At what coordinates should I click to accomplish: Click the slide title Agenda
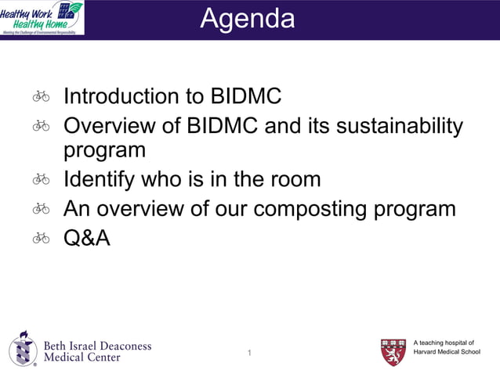tap(248, 19)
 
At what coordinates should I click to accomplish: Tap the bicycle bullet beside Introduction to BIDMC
tap(42, 96)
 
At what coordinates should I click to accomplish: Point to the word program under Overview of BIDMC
tap(104, 150)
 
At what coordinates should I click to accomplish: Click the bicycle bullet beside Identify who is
tap(42, 179)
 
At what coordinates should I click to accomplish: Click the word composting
tap(310, 209)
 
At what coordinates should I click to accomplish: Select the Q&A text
tap(87, 238)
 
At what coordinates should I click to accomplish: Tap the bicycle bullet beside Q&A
tap(42, 238)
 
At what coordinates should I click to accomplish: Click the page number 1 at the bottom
tap(249, 354)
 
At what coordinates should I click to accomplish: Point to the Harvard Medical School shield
tap(393, 352)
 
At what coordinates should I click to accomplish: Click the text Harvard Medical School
tap(447, 352)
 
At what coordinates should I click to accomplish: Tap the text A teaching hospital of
tap(444, 342)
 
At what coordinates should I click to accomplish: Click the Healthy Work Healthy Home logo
tap(42, 17)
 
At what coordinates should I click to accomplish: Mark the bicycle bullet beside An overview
tap(42, 209)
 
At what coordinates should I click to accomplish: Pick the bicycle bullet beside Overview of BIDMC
tap(42, 125)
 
